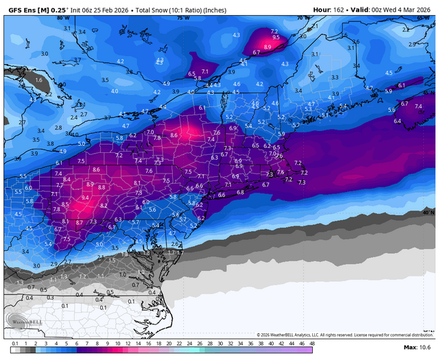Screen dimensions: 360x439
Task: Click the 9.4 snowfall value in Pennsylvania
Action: [85, 197]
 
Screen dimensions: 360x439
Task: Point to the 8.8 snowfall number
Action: [102, 187]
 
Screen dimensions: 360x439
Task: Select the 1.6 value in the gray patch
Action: [38, 80]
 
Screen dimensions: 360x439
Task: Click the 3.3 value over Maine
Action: [335, 77]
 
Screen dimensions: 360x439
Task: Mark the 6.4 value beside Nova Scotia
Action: [397, 121]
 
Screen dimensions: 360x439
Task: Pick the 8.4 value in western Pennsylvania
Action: [67, 179]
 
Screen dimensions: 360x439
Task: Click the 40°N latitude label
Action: [428, 213]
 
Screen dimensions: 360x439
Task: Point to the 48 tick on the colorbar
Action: [311, 342]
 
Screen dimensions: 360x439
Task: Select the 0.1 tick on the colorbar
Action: [15, 342]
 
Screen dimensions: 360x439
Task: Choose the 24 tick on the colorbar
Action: [180, 342]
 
